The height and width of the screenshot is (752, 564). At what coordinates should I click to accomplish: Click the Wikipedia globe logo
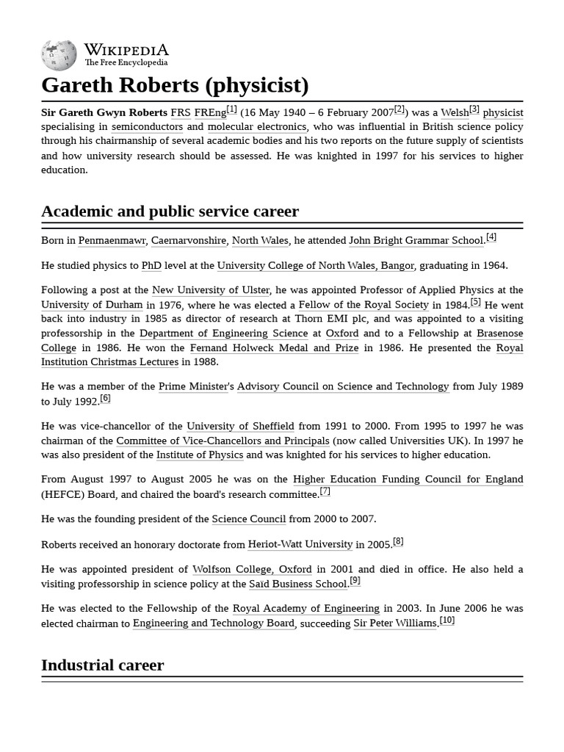(59, 55)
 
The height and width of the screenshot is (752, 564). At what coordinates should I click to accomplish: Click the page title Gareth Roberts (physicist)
(175, 85)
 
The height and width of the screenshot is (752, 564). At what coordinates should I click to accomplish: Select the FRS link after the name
(180, 112)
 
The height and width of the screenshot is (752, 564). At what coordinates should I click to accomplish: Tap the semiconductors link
(147, 126)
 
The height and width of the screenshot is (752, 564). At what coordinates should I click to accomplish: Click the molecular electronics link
(256, 126)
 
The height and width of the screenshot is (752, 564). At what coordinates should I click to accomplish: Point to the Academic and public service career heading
(170, 211)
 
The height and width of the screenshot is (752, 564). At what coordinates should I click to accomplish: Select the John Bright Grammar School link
(416, 240)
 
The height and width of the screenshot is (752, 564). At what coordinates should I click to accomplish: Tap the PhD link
(151, 265)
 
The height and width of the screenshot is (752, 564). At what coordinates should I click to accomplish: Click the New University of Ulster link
(211, 290)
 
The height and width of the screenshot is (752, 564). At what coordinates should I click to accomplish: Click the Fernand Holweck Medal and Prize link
(274, 347)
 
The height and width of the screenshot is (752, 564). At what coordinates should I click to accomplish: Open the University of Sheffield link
(240, 426)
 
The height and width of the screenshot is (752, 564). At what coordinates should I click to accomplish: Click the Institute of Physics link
(199, 455)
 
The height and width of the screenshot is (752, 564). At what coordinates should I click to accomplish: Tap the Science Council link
(248, 518)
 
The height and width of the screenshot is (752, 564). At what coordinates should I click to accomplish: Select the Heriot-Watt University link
(300, 544)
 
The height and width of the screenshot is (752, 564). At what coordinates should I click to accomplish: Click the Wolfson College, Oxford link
(252, 569)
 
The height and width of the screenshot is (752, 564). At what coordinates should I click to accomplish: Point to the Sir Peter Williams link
(395, 623)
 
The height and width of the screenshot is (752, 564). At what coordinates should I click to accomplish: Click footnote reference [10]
(447, 620)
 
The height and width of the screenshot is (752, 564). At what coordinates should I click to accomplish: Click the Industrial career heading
(102, 665)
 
